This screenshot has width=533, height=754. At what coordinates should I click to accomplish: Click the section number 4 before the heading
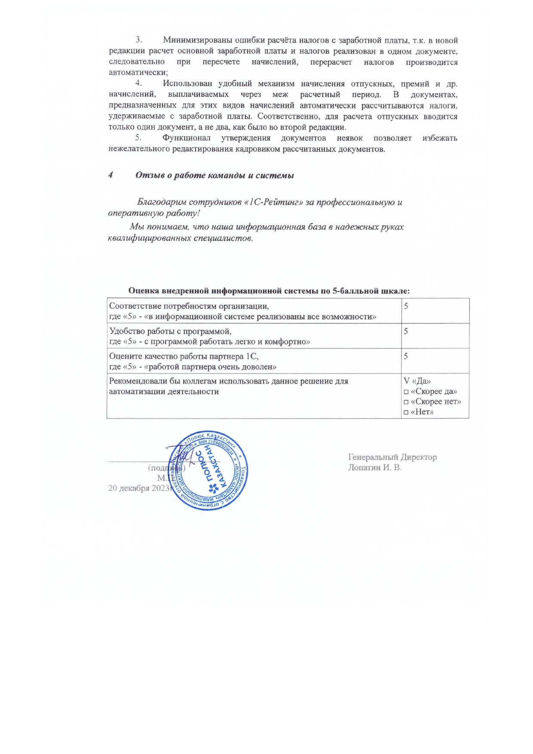[110, 175]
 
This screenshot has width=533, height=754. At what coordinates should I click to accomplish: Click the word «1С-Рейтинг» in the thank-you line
[274, 202]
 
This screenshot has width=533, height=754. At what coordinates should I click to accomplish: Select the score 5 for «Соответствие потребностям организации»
[406, 306]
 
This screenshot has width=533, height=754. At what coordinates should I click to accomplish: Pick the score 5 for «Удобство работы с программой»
[406, 331]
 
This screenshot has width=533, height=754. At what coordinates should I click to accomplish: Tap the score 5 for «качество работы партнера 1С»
[406, 356]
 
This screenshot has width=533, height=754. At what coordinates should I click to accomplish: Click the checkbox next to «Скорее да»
[406, 392]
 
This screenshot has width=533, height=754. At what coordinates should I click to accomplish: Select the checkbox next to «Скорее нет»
[406, 402]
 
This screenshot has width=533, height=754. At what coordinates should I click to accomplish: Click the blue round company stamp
[209, 470]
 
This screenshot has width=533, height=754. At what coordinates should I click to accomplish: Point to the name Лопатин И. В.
[375, 467]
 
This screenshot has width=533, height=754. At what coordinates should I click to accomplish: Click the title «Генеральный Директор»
[392, 457]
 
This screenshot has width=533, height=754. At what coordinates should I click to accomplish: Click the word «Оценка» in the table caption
[144, 291]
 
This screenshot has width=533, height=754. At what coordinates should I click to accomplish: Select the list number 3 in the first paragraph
[138, 40]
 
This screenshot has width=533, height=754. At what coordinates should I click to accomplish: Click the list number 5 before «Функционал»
[138, 138]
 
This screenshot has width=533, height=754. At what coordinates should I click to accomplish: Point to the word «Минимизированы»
[198, 40]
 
